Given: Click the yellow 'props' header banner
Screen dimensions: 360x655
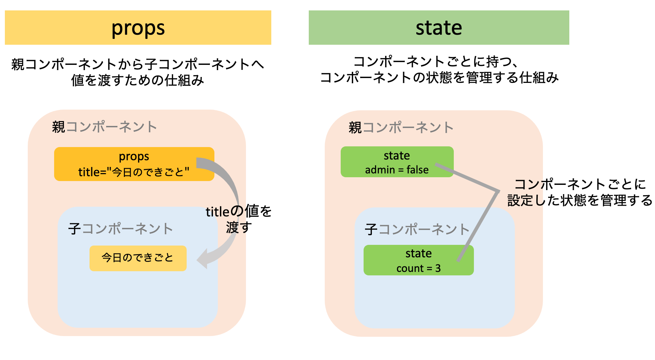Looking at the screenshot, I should point(138,28).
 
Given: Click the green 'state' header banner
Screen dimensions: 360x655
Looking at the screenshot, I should point(439,28).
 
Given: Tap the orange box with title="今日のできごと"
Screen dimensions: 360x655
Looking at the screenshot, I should point(134,164).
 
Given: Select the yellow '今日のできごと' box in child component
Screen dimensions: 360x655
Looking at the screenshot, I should point(138,258).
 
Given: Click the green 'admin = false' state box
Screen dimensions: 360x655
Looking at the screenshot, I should point(397,162).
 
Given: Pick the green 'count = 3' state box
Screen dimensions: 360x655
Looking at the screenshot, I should point(418,260).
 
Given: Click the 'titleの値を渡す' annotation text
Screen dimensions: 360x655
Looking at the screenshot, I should point(239,219).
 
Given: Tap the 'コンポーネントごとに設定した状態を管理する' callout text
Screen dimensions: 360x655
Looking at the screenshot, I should point(579,192).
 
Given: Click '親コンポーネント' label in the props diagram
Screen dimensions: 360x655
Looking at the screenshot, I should point(104,127).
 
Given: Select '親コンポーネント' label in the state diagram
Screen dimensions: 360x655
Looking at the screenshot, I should point(401,128).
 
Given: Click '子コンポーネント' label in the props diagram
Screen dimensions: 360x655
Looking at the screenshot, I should point(120,229).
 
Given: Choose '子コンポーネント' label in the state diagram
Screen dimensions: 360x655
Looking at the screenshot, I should point(417,230).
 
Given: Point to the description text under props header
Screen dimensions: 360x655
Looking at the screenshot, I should point(138,72).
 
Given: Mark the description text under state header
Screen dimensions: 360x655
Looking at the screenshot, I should point(439,69).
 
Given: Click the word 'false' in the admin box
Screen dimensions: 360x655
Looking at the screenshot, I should point(417,170).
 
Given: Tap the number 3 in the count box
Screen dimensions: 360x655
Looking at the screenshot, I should point(438,268).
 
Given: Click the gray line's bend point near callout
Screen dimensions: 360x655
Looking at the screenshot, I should point(498,191).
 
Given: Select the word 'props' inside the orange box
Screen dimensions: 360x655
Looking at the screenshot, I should point(134,157).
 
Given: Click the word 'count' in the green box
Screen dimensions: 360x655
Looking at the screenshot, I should point(410,268).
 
